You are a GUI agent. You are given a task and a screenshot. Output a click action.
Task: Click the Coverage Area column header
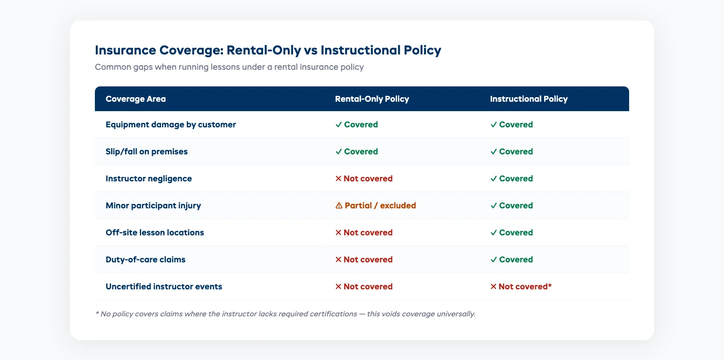[x=135, y=99]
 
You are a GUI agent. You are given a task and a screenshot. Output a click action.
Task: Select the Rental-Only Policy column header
[x=372, y=99]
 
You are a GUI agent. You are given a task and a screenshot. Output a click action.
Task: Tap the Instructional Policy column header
[x=528, y=99]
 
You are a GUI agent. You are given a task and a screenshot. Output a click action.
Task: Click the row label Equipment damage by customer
[x=170, y=125]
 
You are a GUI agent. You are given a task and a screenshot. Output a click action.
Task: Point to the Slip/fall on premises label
[x=147, y=152]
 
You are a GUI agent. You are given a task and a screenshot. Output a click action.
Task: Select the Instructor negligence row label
[x=148, y=179]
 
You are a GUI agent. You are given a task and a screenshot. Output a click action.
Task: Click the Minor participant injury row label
[x=153, y=206]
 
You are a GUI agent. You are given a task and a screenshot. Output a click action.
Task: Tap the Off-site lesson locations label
[x=155, y=233]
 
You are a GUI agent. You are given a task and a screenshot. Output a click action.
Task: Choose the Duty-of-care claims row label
[x=145, y=260]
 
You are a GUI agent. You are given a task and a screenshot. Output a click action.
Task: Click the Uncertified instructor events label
[x=164, y=287]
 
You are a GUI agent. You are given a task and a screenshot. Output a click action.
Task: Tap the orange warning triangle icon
[x=339, y=206]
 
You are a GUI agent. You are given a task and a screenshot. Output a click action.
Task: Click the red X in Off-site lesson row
[x=339, y=233]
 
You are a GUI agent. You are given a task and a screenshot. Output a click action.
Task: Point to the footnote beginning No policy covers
[x=285, y=314]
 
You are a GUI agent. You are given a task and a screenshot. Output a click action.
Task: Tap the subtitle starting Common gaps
[x=229, y=67]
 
